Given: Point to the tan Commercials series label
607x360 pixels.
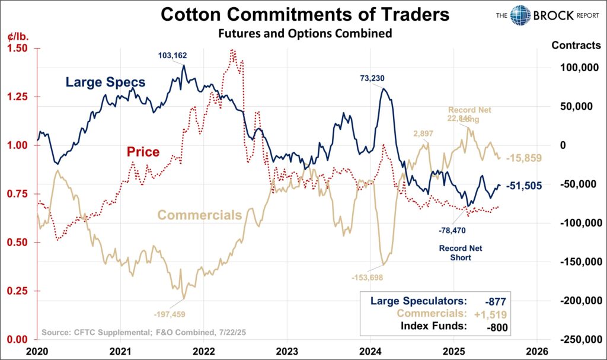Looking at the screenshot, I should [x=200, y=215].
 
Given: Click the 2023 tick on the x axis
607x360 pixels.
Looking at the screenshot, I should [x=286, y=350].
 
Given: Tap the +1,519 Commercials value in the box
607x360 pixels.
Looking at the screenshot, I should [x=490, y=314].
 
